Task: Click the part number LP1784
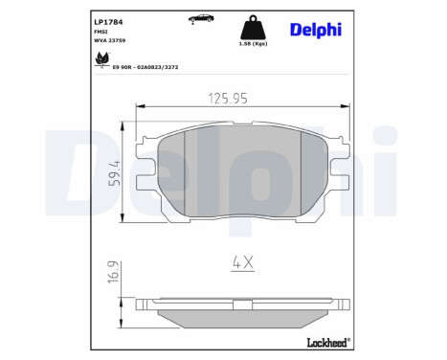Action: pos(108,22)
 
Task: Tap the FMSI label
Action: pos(101,32)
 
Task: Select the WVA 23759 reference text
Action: pos(109,40)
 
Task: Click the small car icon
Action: pos(201,18)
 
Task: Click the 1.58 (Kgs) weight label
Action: pos(253,44)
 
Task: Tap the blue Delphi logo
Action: pos(316,30)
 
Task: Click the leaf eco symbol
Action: pos(101,59)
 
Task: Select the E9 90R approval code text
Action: pos(145,67)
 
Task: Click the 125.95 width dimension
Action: pos(228,99)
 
